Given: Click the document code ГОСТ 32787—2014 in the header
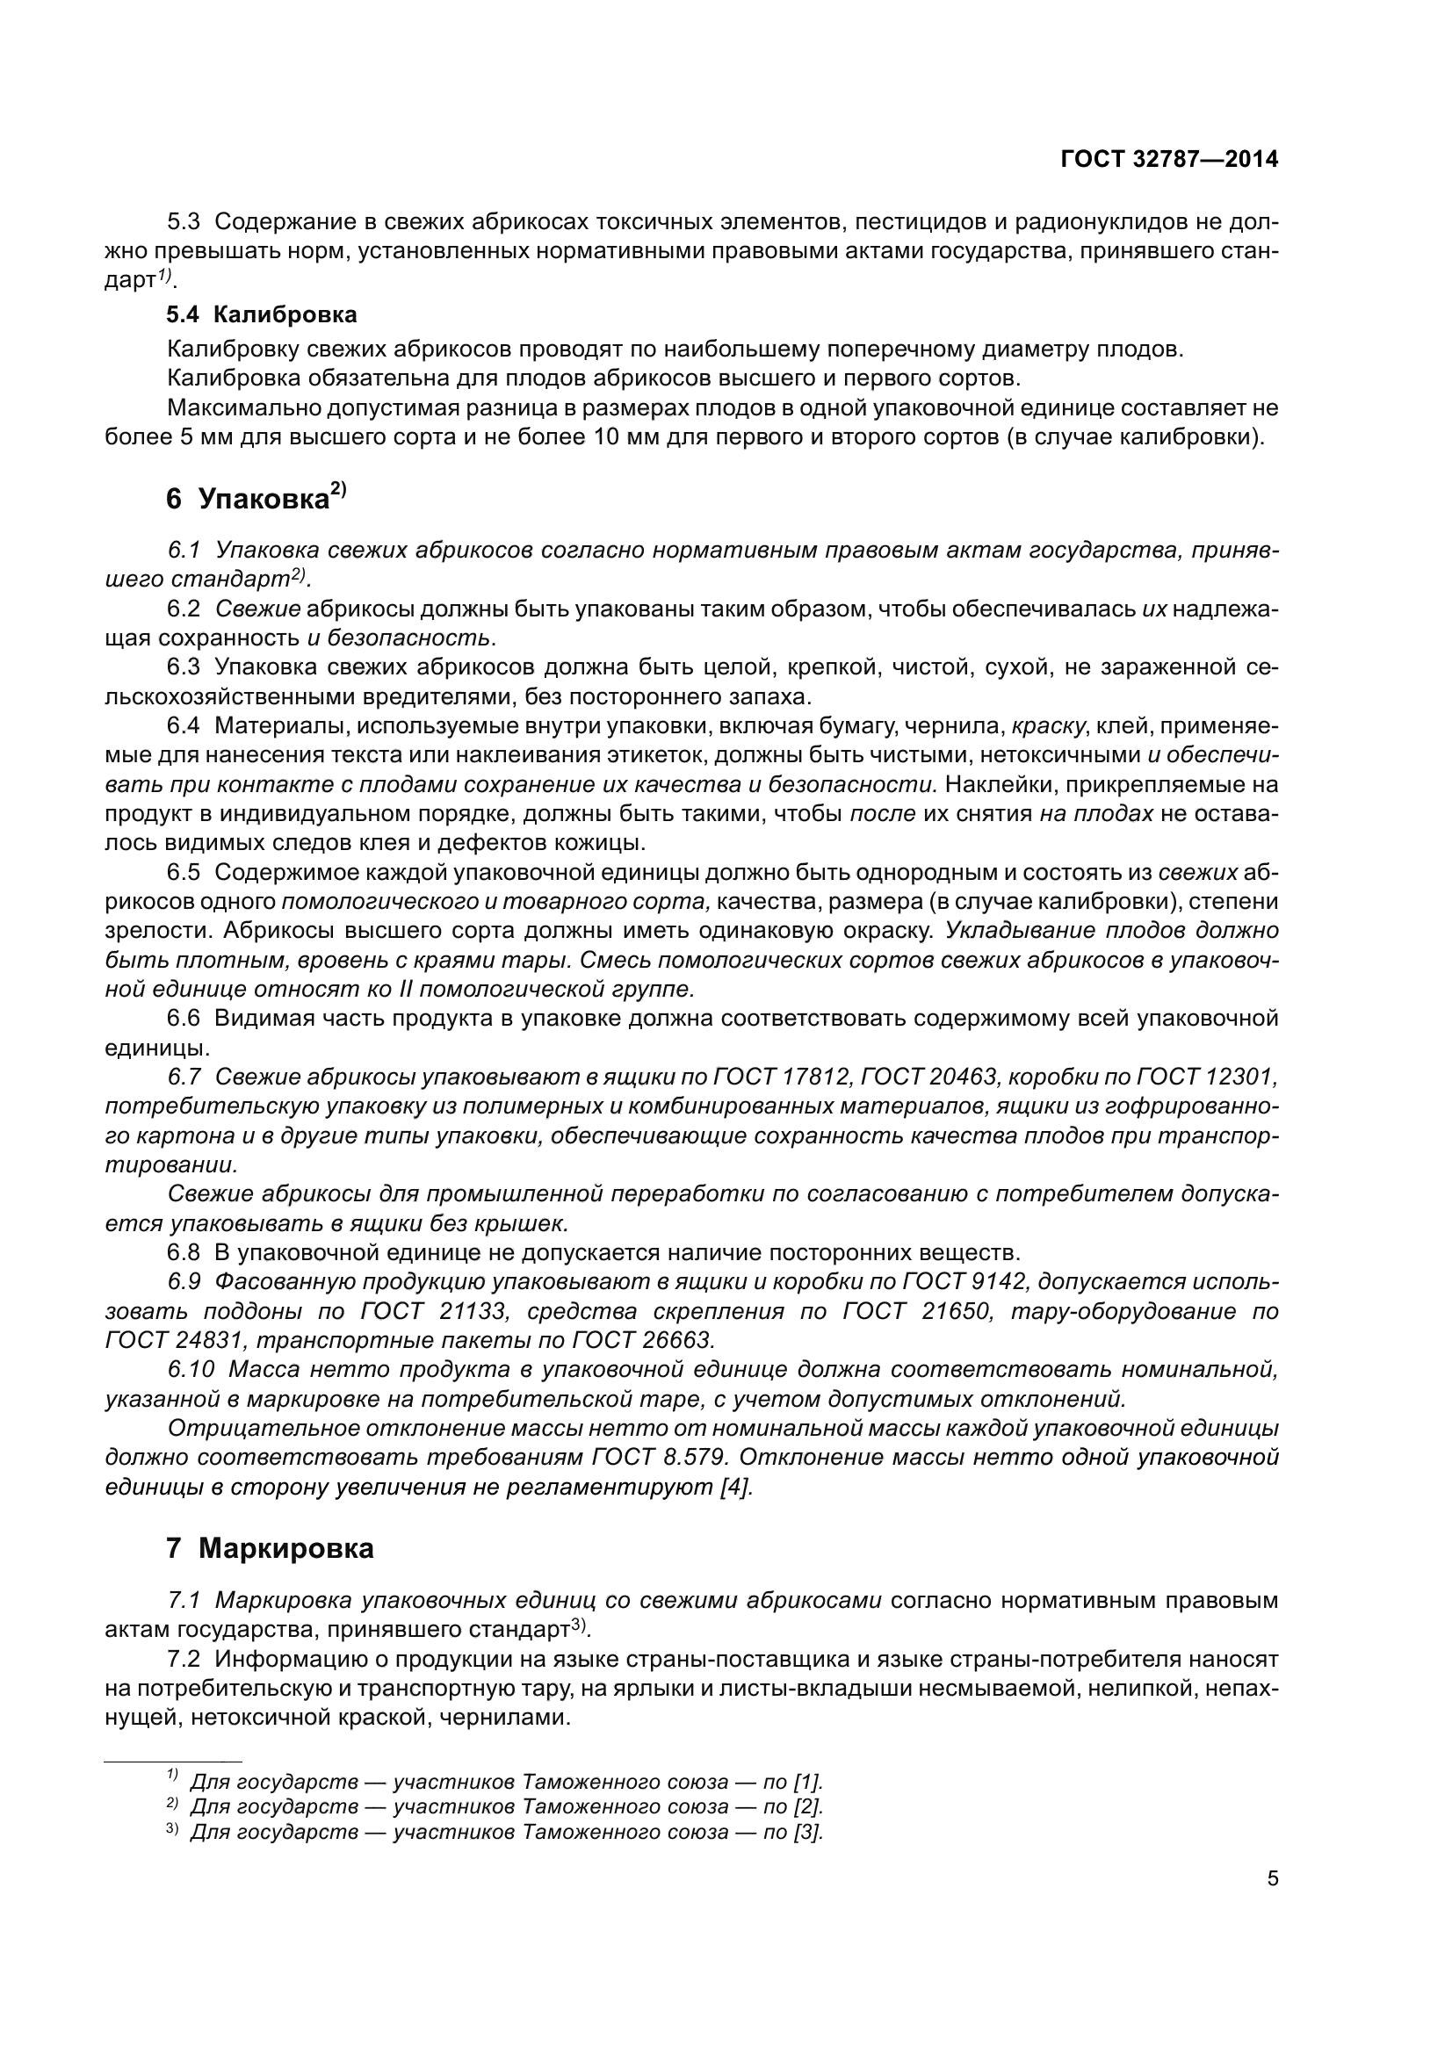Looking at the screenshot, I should pos(1168,159).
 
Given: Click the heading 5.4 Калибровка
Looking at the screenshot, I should pos(262,315).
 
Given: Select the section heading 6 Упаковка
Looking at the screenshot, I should pos(255,498).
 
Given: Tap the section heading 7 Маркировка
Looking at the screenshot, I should pos(270,1547).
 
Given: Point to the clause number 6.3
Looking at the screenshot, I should pos(184,667).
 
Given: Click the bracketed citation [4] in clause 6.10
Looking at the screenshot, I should pos(736,1487).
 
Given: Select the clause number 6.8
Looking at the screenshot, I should pos(184,1251).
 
